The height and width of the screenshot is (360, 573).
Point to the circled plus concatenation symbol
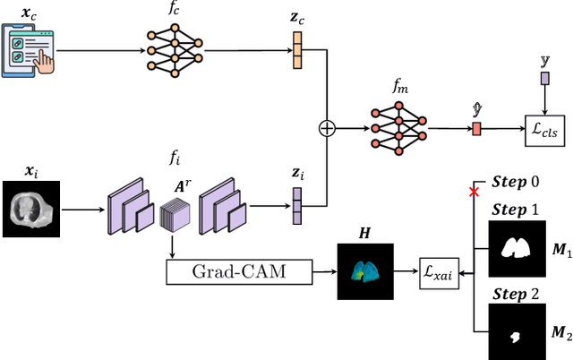pyautogui.click(x=327, y=128)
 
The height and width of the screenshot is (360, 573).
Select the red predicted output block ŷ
pyautogui.click(x=476, y=129)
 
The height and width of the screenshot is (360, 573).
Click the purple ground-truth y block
pyautogui.click(x=544, y=80)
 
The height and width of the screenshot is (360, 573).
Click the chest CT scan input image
pyautogui.click(x=31, y=209)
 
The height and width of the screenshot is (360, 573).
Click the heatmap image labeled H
pyautogui.click(x=363, y=271)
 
